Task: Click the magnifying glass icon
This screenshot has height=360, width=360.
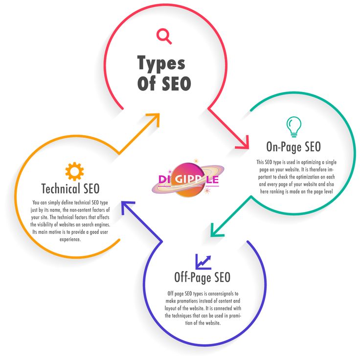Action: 164,36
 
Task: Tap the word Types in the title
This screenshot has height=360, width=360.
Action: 161,64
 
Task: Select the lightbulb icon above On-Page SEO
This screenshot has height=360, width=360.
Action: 293,126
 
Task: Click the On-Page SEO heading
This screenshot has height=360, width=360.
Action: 293,146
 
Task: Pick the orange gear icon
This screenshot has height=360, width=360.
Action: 74,171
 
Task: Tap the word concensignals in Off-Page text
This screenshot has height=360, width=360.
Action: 220,293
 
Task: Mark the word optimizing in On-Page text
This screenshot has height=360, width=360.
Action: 317,162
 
